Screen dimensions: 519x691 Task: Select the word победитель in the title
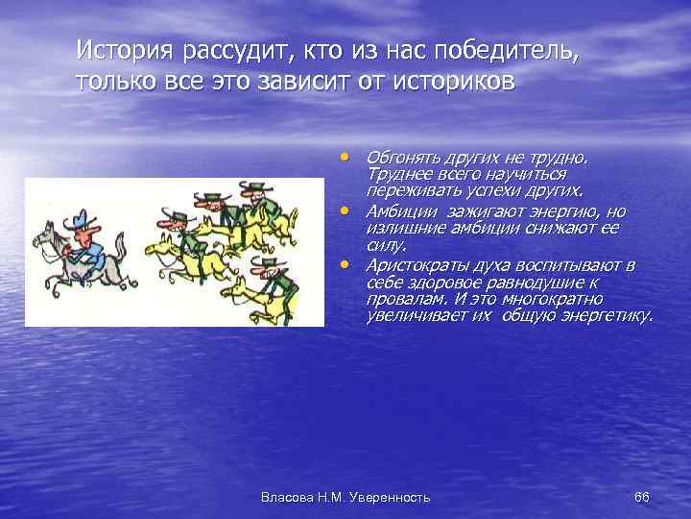(504, 48)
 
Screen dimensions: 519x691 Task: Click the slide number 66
(642, 496)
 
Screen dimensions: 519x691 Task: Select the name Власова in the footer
(287, 496)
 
